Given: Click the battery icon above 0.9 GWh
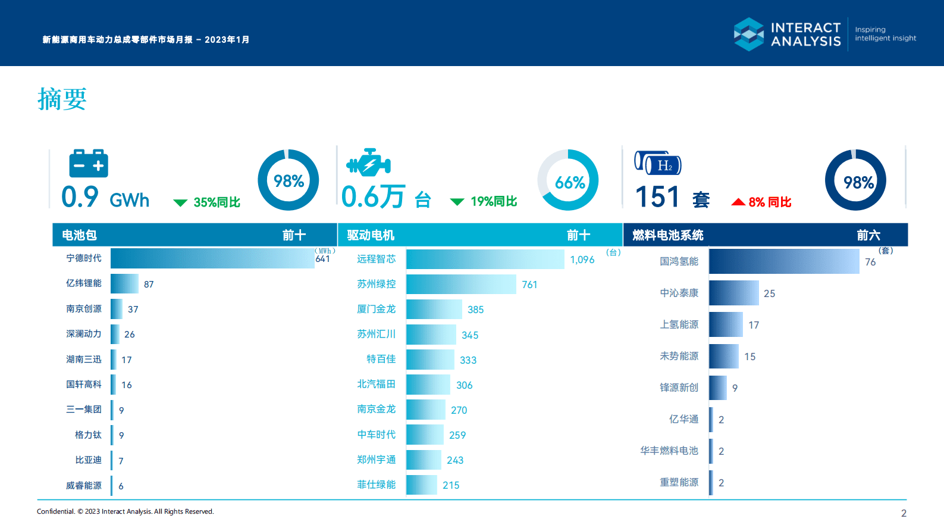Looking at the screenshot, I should tap(89, 163).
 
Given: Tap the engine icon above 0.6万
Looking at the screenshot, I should tap(368, 163).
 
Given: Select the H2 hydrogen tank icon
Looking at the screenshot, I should tap(657, 163).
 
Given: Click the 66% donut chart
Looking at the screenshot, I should tap(568, 180).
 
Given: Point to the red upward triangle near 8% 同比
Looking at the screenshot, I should tap(738, 202).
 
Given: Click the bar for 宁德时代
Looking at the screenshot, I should tap(212, 258).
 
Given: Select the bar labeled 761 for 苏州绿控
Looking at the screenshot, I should tap(461, 284).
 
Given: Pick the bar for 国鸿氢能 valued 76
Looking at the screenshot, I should tap(784, 261).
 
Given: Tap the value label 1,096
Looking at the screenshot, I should tap(582, 260).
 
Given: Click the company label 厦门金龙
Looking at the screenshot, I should tap(376, 309).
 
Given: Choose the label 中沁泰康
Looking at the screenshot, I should tap(679, 293).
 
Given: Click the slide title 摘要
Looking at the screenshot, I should tap(62, 99).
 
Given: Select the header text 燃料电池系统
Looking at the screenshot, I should tap(667, 235).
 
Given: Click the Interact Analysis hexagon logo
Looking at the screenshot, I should tap(748, 34).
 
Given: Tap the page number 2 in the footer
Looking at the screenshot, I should tap(904, 513).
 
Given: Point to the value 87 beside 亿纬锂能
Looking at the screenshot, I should tap(149, 285).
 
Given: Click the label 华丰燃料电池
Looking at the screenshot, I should tap(669, 451).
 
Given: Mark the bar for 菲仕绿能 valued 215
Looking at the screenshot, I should tap(422, 485).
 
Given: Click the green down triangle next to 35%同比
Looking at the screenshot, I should tap(180, 203).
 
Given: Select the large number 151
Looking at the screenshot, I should tap(657, 197).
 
